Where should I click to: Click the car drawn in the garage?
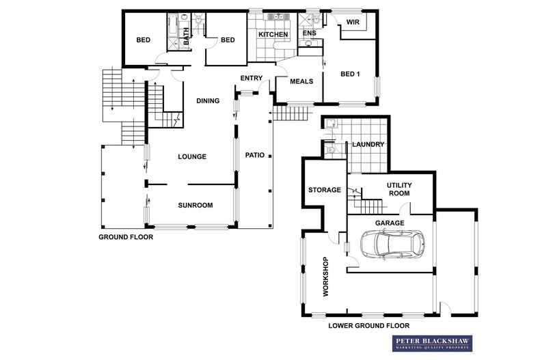(392, 244)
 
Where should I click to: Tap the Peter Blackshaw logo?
(432, 343)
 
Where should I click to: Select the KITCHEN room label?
(273, 34)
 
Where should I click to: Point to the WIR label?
(353, 22)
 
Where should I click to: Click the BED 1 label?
(350, 74)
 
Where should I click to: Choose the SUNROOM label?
(195, 205)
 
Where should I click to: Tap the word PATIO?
(255, 155)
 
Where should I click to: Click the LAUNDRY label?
(368, 144)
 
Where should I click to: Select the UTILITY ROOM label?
(399, 189)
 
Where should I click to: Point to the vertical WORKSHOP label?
(325, 277)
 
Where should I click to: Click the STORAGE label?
(325, 190)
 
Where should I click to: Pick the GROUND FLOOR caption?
(126, 237)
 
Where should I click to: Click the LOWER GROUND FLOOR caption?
(369, 326)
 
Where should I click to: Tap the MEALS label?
(301, 81)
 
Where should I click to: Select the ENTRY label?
(252, 78)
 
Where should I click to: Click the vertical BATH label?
(186, 36)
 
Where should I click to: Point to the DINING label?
(208, 100)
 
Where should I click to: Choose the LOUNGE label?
(192, 156)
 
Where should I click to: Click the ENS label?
(309, 33)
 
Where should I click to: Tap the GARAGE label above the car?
(390, 223)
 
